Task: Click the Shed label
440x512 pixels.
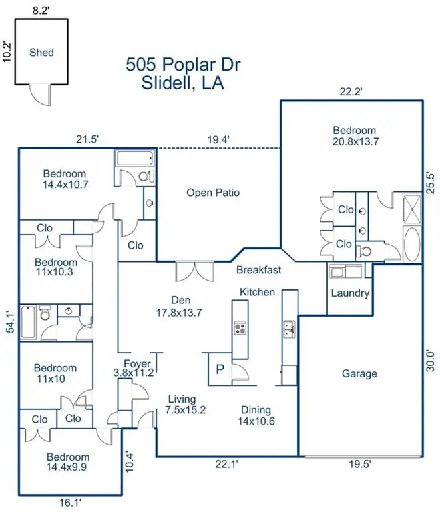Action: pyautogui.click(x=41, y=52)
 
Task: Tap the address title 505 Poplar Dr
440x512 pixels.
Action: pyautogui.click(x=183, y=65)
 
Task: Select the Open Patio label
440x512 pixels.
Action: pyautogui.click(x=212, y=193)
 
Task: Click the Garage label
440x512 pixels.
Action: pyautogui.click(x=359, y=373)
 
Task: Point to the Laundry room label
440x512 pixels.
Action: pyautogui.click(x=349, y=293)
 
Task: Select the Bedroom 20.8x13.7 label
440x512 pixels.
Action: pyautogui.click(x=355, y=136)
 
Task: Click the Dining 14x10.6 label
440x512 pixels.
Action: pyautogui.click(x=256, y=415)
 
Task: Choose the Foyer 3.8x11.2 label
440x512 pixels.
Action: pyautogui.click(x=134, y=368)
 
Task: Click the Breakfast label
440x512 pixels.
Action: pyautogui.click(x=259, y=270)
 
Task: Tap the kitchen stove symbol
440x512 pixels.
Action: pyautogui.click(x=239, y=328)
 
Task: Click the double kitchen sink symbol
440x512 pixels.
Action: pyautogui.click(x=290, y=327)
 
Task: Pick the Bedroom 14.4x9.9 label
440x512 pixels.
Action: pyautogui.click(x=69, y=462)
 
